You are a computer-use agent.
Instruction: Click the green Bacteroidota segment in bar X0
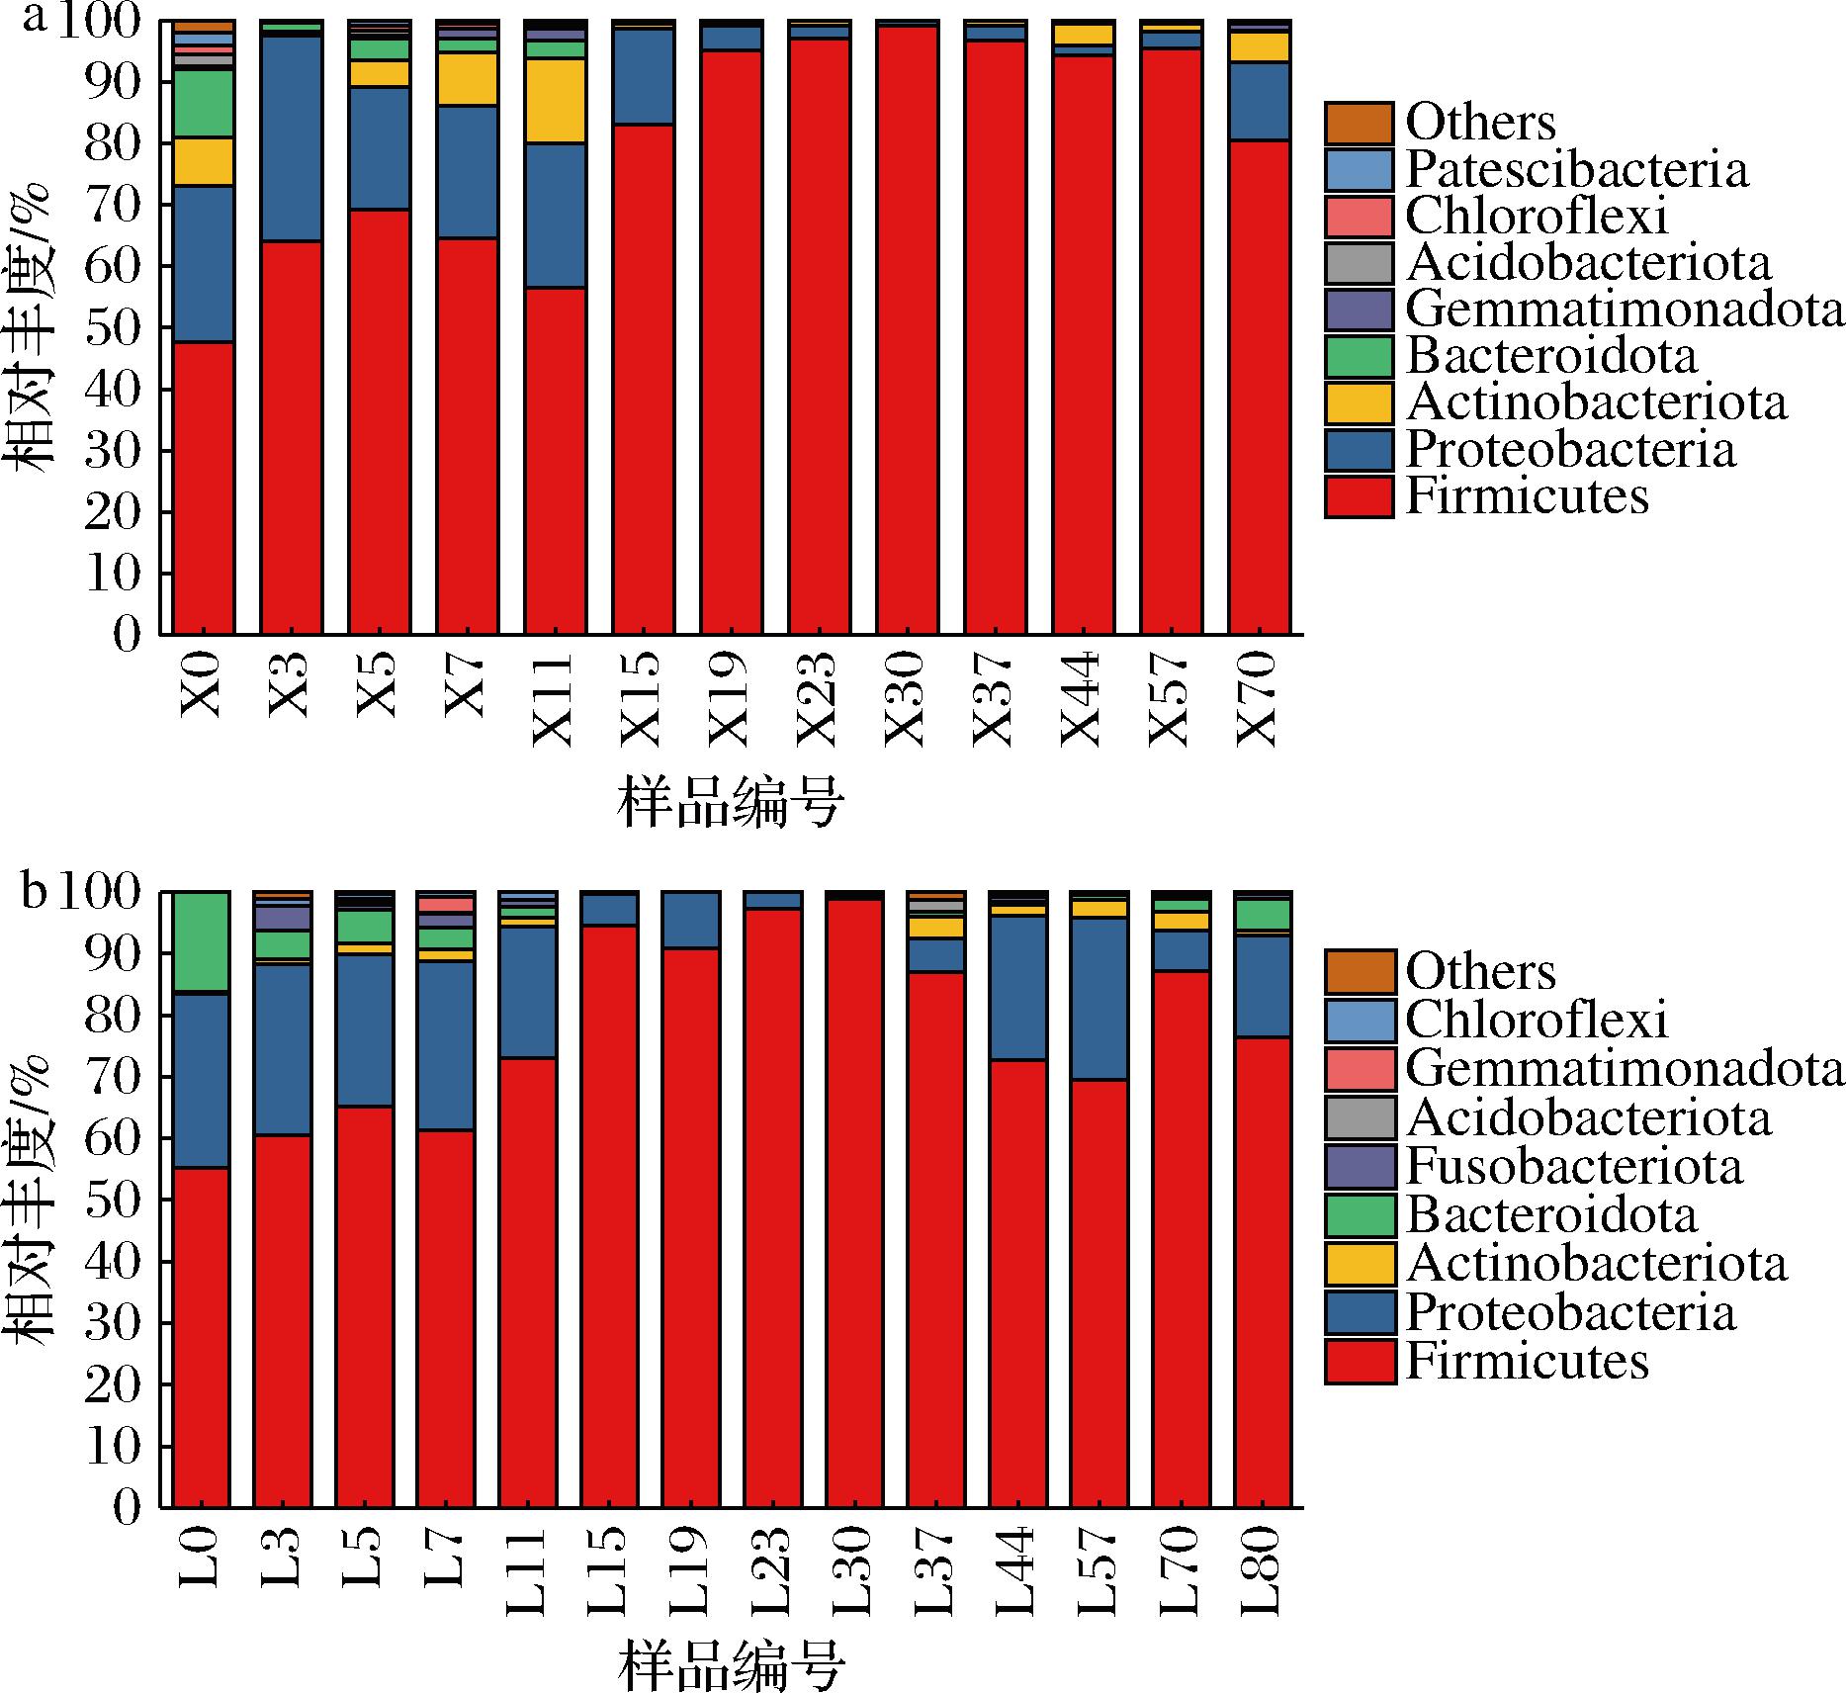[x=203, y=104]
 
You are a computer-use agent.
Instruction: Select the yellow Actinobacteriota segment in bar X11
[x=555, y=101]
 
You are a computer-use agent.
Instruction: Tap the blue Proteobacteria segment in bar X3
[x=291, y=138]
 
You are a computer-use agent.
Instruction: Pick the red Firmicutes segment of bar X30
[x=907, y=326]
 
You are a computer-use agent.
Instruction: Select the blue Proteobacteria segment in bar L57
[x=1099, y=999]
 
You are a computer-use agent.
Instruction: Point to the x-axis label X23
[x=818, y=698]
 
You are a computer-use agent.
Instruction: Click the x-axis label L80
[x=1261, y=1570]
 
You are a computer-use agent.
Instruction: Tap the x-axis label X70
[x=1258, y=698]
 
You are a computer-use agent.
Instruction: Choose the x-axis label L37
[x=933, y=1570]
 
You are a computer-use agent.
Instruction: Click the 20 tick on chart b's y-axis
[x=114, y=1385]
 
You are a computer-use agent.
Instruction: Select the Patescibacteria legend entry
[x=1576, y=170]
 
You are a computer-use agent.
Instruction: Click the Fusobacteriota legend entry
[x=1573, y=1167]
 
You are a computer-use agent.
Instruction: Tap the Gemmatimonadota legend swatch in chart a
[x=1360, y=310]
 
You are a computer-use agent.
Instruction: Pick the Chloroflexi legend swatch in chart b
[x=1360, y=1020]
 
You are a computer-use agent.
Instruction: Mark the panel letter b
[x=34, y=892]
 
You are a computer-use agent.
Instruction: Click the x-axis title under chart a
[x=731, y=803]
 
